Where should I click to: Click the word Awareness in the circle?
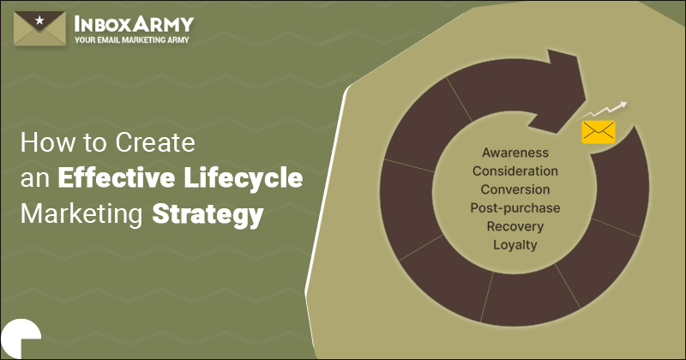click(514, 153)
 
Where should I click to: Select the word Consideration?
click(514, 171)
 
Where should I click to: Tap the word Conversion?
click(514, 189)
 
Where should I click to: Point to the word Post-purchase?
click(514, 207)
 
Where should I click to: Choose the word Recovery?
click(514, 226)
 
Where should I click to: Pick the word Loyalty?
click(514, 245)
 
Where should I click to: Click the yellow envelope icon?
click(599, 131)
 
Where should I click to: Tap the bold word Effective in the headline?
click(111, 179)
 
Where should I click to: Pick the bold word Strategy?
click(207, 214)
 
